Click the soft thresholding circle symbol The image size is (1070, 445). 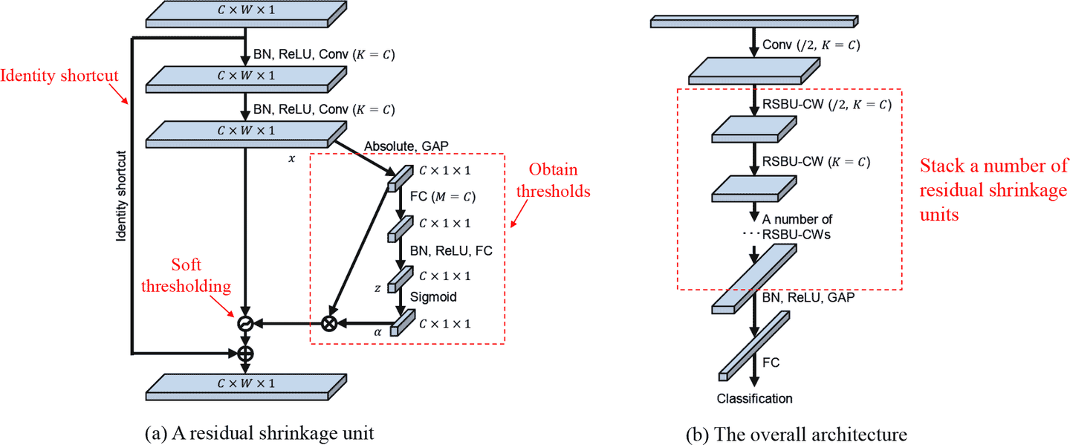pyautogui.click(x=245, y=324)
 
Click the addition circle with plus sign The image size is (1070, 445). pyautogui.click(x=245, y=354)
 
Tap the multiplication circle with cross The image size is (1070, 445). pyautogui.click(x=328, y=324)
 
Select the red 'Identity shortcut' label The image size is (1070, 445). pyautogui.click(x=59, y=76)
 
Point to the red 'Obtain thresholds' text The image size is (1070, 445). pyautogui.click(x=553, y=180)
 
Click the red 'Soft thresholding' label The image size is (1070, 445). pyautogui.click(x=186, y=276)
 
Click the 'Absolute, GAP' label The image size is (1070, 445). pyautogui.click(x=406, y=146)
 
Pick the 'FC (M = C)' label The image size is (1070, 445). pyautogui.click(x=443, y=197)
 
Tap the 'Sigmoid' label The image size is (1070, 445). pyautogui.click(x=433, y=297)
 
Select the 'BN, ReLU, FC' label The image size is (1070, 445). pyautogui.click(x=451, y=250)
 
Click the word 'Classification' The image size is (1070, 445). pyautogui.click(x=754, y=399)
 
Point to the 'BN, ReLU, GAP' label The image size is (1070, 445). pyautogui.click(x=808, y=297)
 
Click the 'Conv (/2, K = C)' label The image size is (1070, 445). pyautogui.click(x=811, y=45)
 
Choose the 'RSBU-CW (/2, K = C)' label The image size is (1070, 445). pyautogui.click(x=827, y=105)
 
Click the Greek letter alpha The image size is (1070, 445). pyautogui.click(x=377, y=332)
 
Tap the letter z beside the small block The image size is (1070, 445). pyautogui.click(x=377, y=288)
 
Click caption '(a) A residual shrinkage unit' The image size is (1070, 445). pyautogui.click(x=259, y=434)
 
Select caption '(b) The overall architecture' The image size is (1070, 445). pyautogui.click(x=797, y=435)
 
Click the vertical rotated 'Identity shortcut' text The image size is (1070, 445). pyautogui.click(x=121, y=196)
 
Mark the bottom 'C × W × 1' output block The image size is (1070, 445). pyautogui.click(x=246, y=387)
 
